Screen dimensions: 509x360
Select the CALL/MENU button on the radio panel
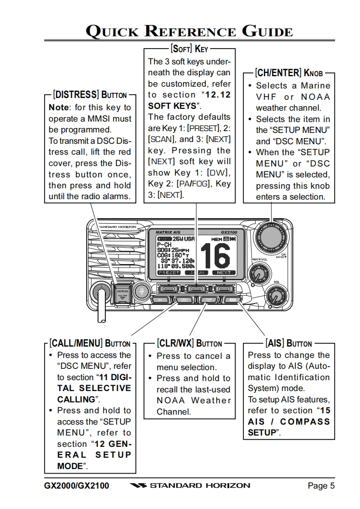coord(185,300)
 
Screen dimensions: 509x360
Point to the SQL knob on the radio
coord(276,296)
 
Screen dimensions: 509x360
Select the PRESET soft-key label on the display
coord(169,273)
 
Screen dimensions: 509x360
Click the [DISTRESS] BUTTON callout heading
coord(90,95)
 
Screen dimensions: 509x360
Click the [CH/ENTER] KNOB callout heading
coord(289,73)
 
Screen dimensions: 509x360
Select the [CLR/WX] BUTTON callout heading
coord(189,343)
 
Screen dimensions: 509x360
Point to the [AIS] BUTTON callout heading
coord(289,343)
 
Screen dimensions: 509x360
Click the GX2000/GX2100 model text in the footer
coord(77,486)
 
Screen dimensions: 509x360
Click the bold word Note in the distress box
coord(59,108)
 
